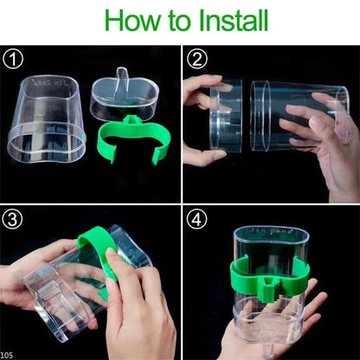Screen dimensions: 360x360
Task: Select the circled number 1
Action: pyautogui.click(x=12, y=61)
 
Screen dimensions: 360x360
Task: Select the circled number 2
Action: pyautogui.click(x=196, y=61)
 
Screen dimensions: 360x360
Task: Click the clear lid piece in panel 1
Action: pyautogui.click(x=122, y=96)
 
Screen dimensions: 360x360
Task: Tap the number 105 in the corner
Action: pyautogui.click(x=8, y=354)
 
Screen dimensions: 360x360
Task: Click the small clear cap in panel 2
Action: pyautogui.click(x=224, y=121)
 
